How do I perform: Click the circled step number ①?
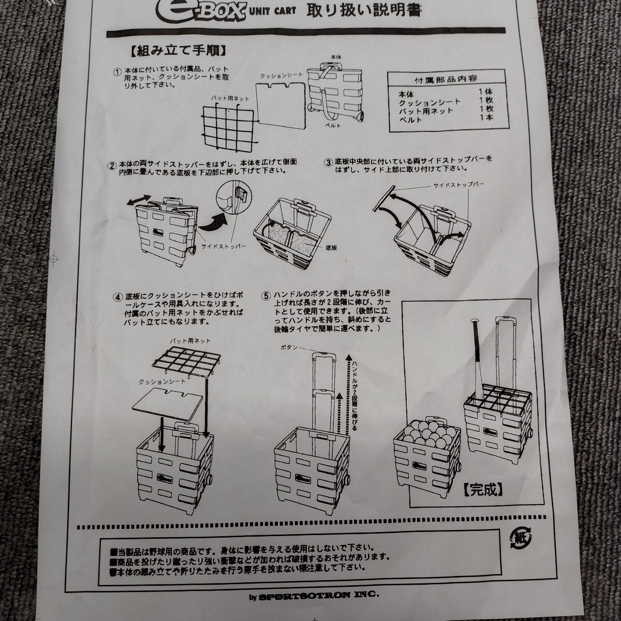click(x=118, y=72)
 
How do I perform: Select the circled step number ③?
click(x=327, y=161)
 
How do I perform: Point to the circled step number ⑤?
click(x=266, y=297)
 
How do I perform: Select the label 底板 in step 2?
click(x=332, y=248)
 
